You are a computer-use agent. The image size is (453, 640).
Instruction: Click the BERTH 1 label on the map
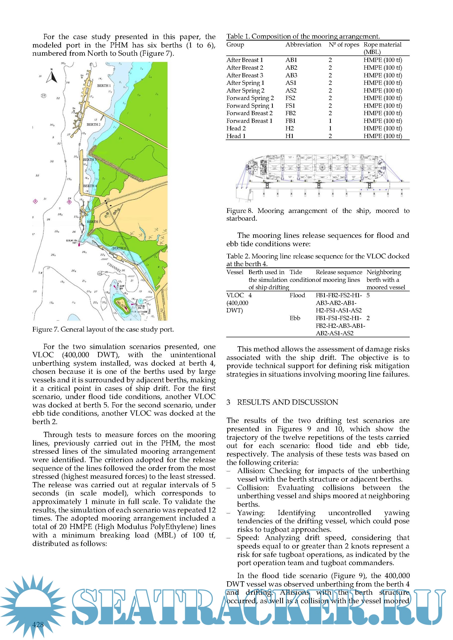click(x=104, y=86)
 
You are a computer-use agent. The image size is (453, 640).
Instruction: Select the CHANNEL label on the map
click(x=114, y=267)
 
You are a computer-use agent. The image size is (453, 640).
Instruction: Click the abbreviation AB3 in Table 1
click(x=291, y=75)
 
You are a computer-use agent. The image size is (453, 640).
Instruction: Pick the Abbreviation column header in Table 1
click(x=303, y=45)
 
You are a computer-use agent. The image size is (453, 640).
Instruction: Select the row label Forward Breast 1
click(x=249, y=121)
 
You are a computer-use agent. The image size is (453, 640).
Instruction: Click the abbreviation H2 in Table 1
click(x=289, y=128)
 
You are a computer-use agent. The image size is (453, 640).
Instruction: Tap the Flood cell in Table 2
click(x=297, y=295)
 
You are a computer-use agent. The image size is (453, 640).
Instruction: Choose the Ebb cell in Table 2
click(x=295, y=318)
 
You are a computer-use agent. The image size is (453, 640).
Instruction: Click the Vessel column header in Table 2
click(x=235, y=272)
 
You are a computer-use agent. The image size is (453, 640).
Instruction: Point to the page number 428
click(x=38, y=625)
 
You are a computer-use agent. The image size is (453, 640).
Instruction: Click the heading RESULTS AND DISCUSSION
click(x=287, y=402)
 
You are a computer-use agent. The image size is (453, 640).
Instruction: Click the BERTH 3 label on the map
click(x=90, y=160)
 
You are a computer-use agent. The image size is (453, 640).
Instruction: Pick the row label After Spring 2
click(x=245, y=90)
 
